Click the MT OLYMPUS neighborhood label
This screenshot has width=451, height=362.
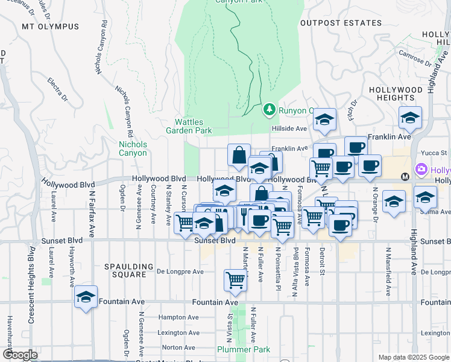click(x=50, y=27)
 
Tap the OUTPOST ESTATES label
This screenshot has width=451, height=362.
click(x=341, y=23)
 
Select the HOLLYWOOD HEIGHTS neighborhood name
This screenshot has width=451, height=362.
click(x=396, y=94)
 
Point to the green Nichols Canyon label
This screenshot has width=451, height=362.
click(x=133, y=148)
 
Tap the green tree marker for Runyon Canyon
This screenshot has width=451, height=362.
click(x=269, y=110)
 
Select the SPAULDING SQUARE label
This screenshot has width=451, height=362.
click(x=131, y=266)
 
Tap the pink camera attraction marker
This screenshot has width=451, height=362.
click(x=421, y=171)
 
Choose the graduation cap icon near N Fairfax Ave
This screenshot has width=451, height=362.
click(x=86, y=297)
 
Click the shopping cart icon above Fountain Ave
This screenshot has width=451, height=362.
click(x=235, y=279)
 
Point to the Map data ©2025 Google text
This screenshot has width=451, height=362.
click(x=413, y=357)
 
